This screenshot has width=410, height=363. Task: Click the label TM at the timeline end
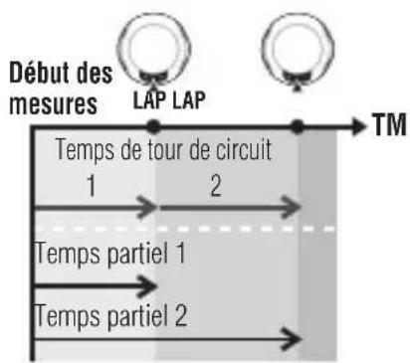[384, 127]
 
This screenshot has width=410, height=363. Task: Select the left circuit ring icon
[150, 42]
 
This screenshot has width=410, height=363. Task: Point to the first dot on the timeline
[153, 126]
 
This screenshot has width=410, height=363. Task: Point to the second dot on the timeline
[297, 126]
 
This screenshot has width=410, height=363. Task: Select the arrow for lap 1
[95, 207]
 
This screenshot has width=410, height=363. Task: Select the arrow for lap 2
[229, 207]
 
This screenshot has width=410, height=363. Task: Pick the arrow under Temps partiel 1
[95, 286]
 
